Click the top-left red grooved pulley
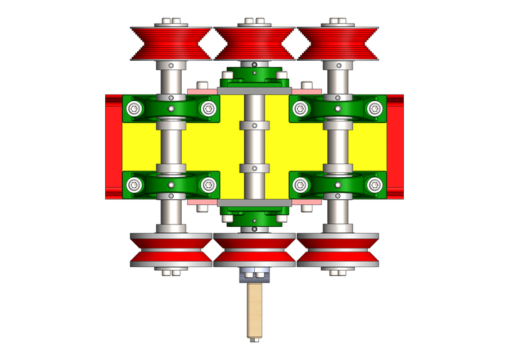(x=170, y=43)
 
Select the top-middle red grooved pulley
(x=254, y=43)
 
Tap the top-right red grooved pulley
(x=337, y=43)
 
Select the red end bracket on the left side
(x=114, y=146)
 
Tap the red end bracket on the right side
(x=395, y=146)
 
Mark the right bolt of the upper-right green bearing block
(x=374, y=109)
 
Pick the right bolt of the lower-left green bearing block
(x=209, y=184)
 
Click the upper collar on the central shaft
(x=254, y=125)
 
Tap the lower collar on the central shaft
(x=254, y=168)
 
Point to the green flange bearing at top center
(x=254, y=76)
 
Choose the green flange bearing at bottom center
(x=254, y=216)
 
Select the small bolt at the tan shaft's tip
(x=255, y=340)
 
